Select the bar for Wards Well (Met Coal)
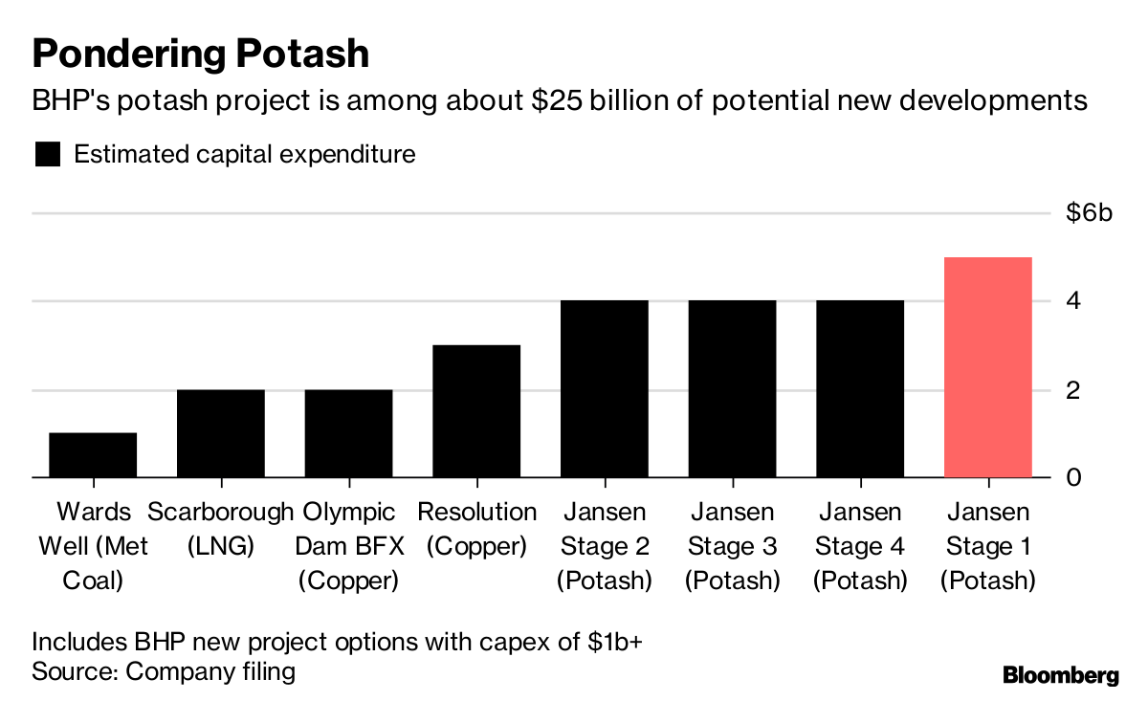coord(93,454)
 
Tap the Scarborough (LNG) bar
coord(221,433)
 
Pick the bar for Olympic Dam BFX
coord(348,433)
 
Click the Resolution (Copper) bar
coord(476,411)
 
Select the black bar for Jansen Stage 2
coord(605,388)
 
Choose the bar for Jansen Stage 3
coord(732,388)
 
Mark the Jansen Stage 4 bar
coord(860,388)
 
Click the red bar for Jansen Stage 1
coord(988,367)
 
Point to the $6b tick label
coord(1090,213)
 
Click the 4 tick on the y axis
coord(1074,301)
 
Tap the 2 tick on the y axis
coord(1074,390)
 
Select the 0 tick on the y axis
coord(1074,477)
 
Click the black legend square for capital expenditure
coord(47,155)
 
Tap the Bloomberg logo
coord(1060,675)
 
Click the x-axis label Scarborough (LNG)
coord(221,529)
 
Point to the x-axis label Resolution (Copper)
coord(476,529)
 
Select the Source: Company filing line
coord(164,671)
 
